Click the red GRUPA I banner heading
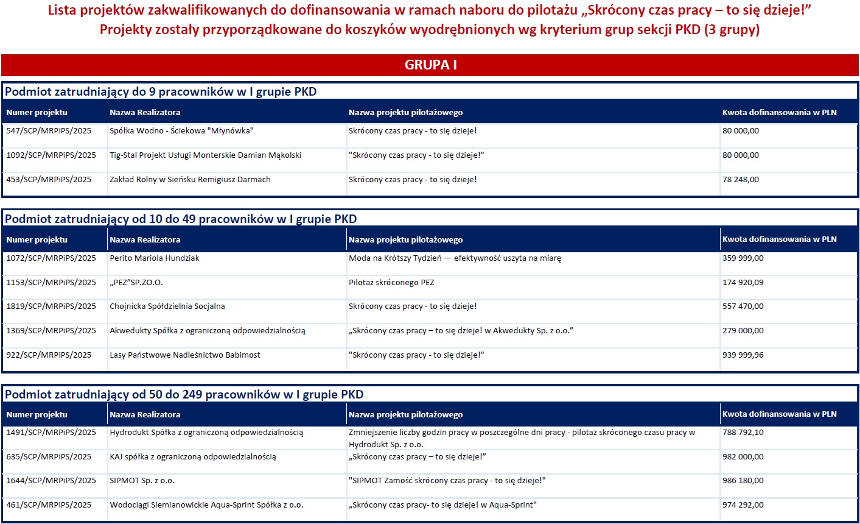(x=430, y=65)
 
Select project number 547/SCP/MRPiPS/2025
(x=49, y=131)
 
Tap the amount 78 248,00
(x=741, y=180)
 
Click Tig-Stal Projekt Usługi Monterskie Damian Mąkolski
(x=205, y=155)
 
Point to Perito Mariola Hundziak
(x=155, y=258)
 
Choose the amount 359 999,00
(x=743, y=258)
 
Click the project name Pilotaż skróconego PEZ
(x=391, y=283)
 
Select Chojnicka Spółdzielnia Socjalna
(x=167, y=306)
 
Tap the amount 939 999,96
(x=743, y=355)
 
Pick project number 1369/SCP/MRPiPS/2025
(x=51, y=331)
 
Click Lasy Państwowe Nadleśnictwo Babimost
(x=185, y=355)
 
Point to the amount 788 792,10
(x=743, y=433)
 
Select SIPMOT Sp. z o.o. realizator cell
(x=142, y=481)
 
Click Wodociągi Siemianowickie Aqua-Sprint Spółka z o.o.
(x=206, y=505)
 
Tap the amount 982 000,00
(x=743, y=457)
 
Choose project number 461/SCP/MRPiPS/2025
(x=49, y=505)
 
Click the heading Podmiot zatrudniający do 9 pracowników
(x=161, y=92)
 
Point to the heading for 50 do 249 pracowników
(x=184, y=395)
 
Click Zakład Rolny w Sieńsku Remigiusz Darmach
(x=190, y=180)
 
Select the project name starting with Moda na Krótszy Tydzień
(x=455, y=258)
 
